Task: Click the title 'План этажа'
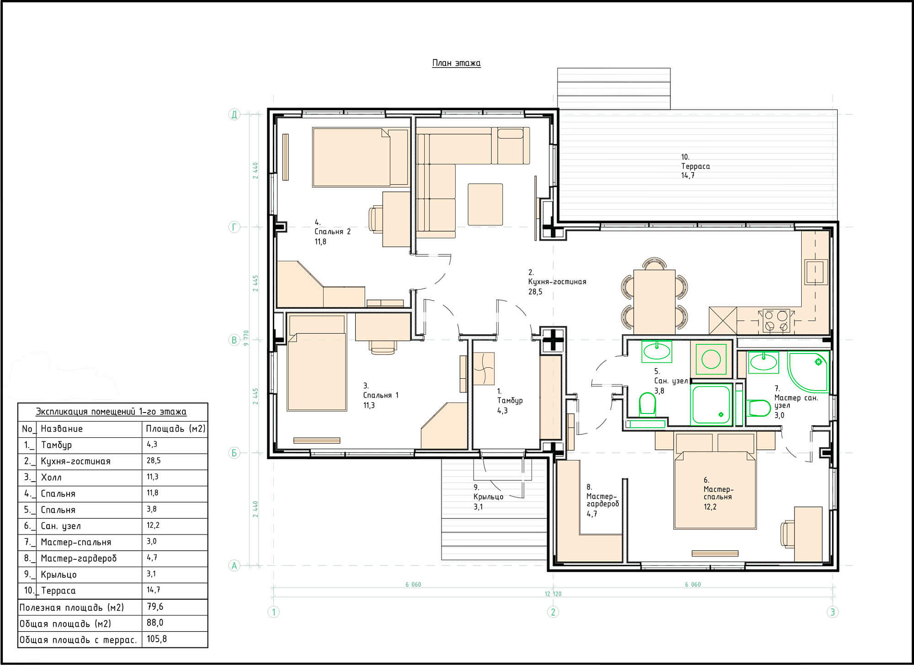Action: click(x=456, y=63)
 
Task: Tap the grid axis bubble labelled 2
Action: click(x=553, y=612)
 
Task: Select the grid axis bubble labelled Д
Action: click(x=234, y=114)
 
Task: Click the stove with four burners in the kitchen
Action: click(x=776, y=321)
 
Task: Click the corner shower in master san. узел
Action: click(x=808, y=372)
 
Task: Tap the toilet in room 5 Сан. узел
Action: click(x=647, y=404)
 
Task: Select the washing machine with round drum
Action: click(x=711, y=359)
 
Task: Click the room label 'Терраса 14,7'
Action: click(x=695, y=166)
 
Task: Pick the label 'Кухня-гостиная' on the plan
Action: click(x=557, y=282)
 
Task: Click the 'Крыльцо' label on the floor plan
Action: click(x=488, y=497)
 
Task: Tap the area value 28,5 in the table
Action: click(x=154, y=461)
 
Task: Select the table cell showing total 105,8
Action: click(x=157, y=639)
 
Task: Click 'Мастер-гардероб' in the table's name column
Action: click(x=79, y=558)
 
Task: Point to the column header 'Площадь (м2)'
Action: click(x=176, y=429)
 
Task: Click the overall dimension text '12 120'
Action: click(x=553, y=594)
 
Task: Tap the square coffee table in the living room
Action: click(x=485, y=204)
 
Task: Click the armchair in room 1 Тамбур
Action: click(x=484, y=368)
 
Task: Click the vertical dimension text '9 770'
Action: click(x=246, y=338)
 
